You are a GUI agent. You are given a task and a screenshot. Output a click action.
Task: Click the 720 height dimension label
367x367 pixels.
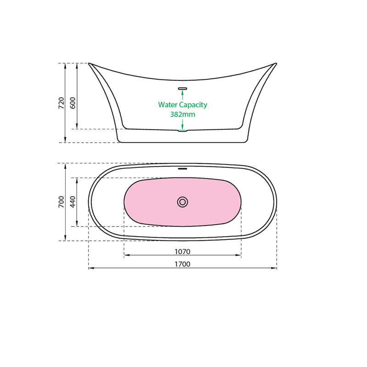pyautogui.click(x=61, y=103)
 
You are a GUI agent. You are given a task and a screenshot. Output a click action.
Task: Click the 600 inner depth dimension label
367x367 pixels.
pyautogui.click(x=72, y=103)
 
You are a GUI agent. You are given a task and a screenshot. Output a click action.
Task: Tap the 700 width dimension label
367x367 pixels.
pyautogui.click(x=61, y=202)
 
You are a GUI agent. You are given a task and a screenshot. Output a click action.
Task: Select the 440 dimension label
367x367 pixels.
pyautogui.click(x=72, y=202)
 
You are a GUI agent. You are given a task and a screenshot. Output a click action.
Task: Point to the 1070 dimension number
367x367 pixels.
pyautogui.click(x=182, y=251)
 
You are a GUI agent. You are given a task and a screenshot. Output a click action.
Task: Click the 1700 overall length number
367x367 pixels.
pyautogui.click(x=182, y=264)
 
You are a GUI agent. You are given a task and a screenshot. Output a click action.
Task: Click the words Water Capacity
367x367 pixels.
pyautogui.click(x=183, y=105)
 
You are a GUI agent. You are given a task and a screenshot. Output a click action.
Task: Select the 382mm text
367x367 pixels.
pyautogui.click(x=183, y=114)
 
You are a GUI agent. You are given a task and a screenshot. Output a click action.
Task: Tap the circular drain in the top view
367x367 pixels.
pyautogui.click(x=183, y=202)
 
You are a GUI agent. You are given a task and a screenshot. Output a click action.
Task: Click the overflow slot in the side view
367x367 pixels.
pyautogui.click(x=183, y=88)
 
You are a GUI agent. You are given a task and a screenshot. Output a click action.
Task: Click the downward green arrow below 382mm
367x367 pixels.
pyautogui.click(x=183, y=124)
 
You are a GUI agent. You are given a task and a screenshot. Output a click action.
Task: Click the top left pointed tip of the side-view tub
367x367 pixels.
pyautogui.click(x=89, y=63)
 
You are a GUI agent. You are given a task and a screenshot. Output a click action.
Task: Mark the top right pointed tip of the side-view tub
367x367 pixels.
pyautogui.click(x=276, y=63)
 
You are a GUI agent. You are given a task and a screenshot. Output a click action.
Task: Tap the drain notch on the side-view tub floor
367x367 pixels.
pyautogui.click(x=183, y=131)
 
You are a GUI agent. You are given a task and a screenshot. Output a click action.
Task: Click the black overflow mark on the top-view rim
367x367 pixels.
pyautogui.click(x=183, y=168)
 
